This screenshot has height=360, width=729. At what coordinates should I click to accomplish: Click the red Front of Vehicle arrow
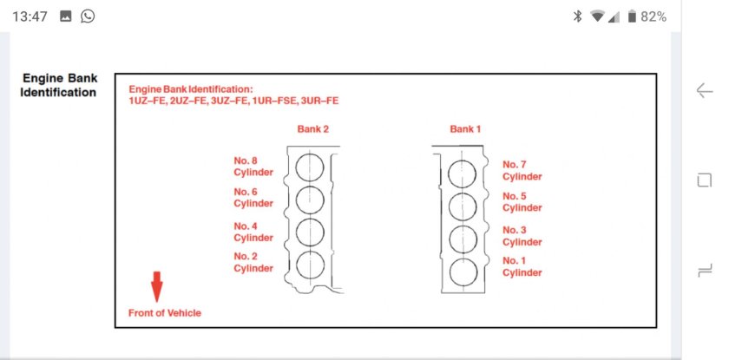tap(157, 286)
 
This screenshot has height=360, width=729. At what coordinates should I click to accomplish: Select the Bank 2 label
tap(313, 129)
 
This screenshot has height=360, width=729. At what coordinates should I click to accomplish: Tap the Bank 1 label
tap(465, 129)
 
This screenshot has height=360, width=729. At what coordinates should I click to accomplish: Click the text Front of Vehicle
tap(165, 313)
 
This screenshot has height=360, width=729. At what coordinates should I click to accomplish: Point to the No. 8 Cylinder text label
tap(253, 167)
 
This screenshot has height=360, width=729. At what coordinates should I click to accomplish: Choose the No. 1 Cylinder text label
tap(522, 266)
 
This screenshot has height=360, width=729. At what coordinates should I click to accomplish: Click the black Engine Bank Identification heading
tap(59, 85)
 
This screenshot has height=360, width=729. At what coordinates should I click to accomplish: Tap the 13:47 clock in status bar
tap(30, 16)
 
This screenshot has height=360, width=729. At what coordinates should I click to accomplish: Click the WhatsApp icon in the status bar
tap(88, 16)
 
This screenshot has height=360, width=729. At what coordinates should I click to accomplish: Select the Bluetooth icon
tap(577, 16)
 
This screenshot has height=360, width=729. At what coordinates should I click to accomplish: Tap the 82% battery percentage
tap(653, 16)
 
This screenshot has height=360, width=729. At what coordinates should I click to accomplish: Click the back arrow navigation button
tap(705, 90)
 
